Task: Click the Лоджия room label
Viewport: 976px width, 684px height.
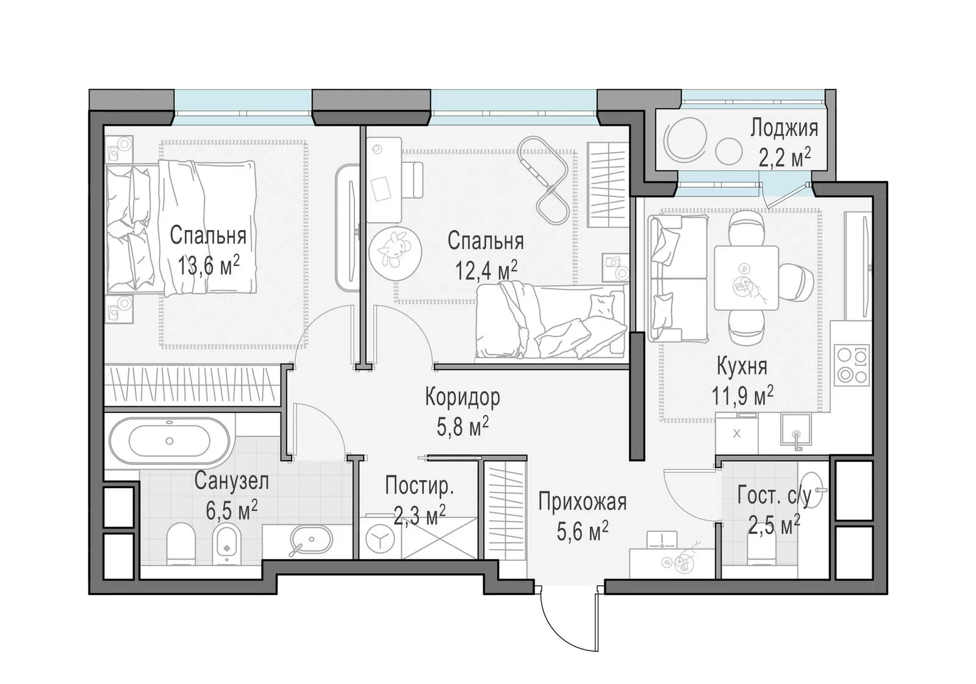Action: click(784, 129)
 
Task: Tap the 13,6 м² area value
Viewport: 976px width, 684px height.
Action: click(209, 265)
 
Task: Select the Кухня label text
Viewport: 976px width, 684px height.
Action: click(742, 366)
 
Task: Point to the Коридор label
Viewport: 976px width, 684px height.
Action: click(462, 397)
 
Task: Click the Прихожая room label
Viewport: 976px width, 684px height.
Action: click(582, 502)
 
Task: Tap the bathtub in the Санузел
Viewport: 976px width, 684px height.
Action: click(170, 441)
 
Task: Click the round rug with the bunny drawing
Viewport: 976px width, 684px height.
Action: click(395, 253)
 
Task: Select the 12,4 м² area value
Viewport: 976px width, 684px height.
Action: click(486, 270)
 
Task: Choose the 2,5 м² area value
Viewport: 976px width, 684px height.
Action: click(774, 525)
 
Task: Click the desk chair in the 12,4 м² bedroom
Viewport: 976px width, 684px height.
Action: click(411, 180)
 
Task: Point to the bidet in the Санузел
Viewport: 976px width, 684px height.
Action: click(226, 544)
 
